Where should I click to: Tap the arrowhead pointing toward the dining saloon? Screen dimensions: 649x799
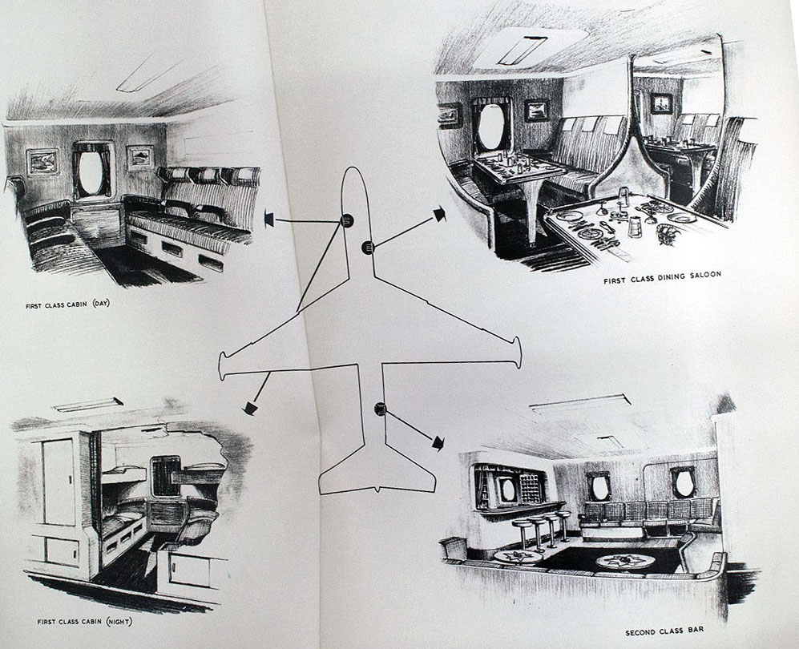coord(438,213)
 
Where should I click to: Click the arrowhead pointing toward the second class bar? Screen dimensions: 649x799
coord(438,442)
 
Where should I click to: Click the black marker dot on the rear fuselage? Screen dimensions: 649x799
coord(380,410)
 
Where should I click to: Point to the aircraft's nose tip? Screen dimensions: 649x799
coord(353,170)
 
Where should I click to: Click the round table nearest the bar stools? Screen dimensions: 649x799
coord(517,555)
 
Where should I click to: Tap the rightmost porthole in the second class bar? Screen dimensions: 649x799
coord(683,482)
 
